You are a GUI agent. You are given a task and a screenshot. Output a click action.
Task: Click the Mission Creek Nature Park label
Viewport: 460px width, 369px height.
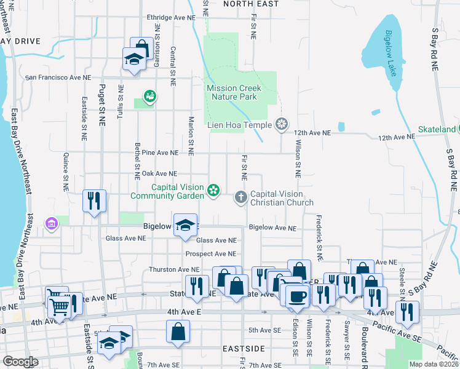click(x=233, y=93)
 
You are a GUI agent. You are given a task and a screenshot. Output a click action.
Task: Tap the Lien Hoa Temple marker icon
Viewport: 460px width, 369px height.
click(x=282, y=124)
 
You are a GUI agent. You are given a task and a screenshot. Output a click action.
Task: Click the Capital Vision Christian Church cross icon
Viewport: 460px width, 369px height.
click(x=241, y=197)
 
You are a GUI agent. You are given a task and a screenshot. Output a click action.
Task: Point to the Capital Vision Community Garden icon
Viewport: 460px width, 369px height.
click(x=213, y=191)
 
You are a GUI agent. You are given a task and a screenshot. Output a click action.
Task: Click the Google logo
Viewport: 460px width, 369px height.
click(x=20, y=362)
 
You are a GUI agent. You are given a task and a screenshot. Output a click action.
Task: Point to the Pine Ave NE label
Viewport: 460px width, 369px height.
click(x=159, y=152)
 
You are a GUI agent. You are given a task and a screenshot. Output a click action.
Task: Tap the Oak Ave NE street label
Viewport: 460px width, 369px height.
click(x=159, y=174)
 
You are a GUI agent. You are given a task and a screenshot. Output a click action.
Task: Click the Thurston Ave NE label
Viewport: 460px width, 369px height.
click(x=175, y=269)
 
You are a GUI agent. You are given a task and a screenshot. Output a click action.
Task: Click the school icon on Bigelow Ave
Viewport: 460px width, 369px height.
click(x=184, y=224)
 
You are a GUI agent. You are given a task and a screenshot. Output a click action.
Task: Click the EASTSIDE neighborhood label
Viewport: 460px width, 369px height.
click(x=245, y=349)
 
